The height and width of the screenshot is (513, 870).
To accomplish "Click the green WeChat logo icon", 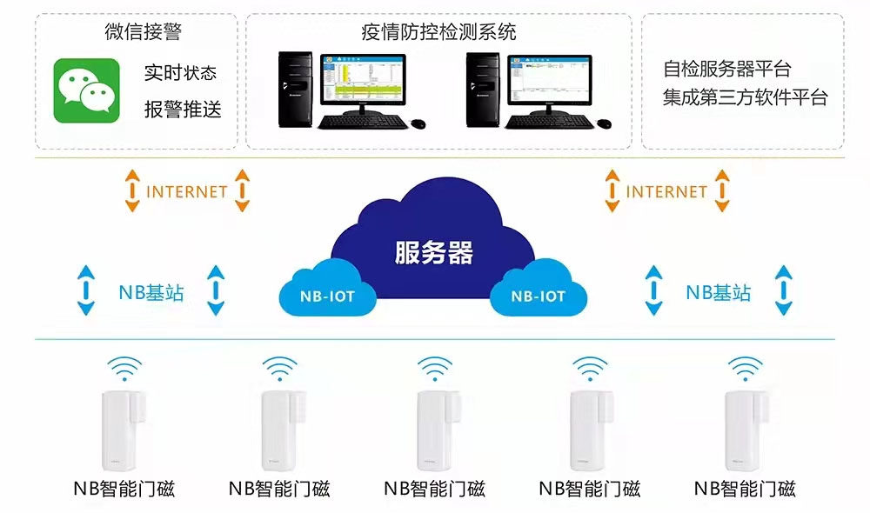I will pyautogui.click(x=86, y=90).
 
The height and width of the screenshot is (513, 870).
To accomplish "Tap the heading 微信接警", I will pyautogui.click(x=143, y=33).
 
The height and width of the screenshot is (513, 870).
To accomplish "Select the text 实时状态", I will pyautogui.click(x=180, y=73).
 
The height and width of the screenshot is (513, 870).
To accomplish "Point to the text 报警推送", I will pyautogui.click(x=183, y=110).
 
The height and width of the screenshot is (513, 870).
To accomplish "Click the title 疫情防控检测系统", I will pyautogui.click(x=438, y=33).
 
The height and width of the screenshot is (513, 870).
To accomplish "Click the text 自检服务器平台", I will pyautogui.click(x=726, y=69).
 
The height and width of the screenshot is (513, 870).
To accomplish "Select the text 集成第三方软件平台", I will pyautogui.click(x=745, y=97).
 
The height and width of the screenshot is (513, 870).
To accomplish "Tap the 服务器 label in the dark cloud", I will pyautogui.click(x=433, y=253).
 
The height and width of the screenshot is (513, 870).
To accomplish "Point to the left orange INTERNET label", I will pyautogui.click(x=186, y=191).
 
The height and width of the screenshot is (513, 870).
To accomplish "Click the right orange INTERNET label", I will pyautogui.click(x=666, y=191).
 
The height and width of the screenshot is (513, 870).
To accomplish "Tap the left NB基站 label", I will pyautogui.click(x=151, y=292).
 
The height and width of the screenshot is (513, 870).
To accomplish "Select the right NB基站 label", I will pyautogui.click(x=719, y=292).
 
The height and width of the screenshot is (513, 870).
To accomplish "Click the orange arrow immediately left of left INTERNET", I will pyautogui.click(x=131, y=191).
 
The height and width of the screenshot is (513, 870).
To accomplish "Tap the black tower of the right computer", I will pyautogui.click(x=482, y=89).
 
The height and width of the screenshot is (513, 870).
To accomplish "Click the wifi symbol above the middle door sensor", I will pyautogui.click(x=434, y=369).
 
